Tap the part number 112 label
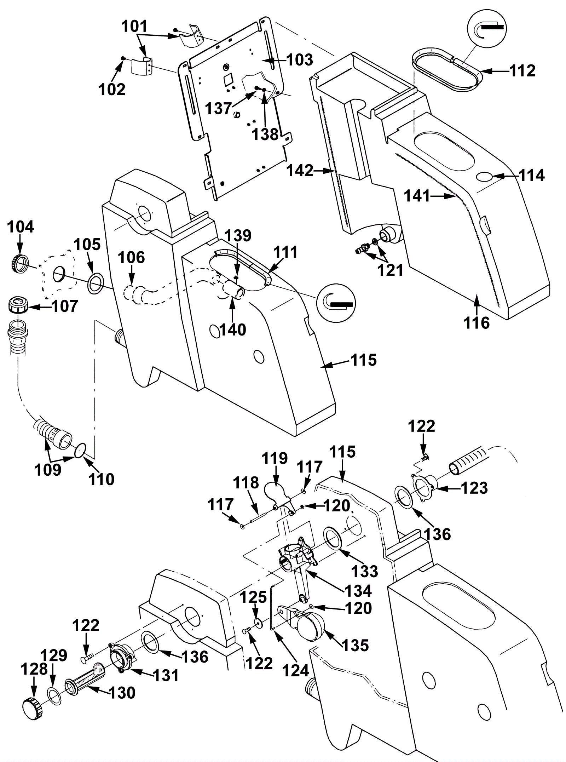point(523,71)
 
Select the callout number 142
point(300,171)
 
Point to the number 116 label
point(477,323)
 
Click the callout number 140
point(232,330)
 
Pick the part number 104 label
point(21,227)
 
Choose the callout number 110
point(102,480)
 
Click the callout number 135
point(356,645)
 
